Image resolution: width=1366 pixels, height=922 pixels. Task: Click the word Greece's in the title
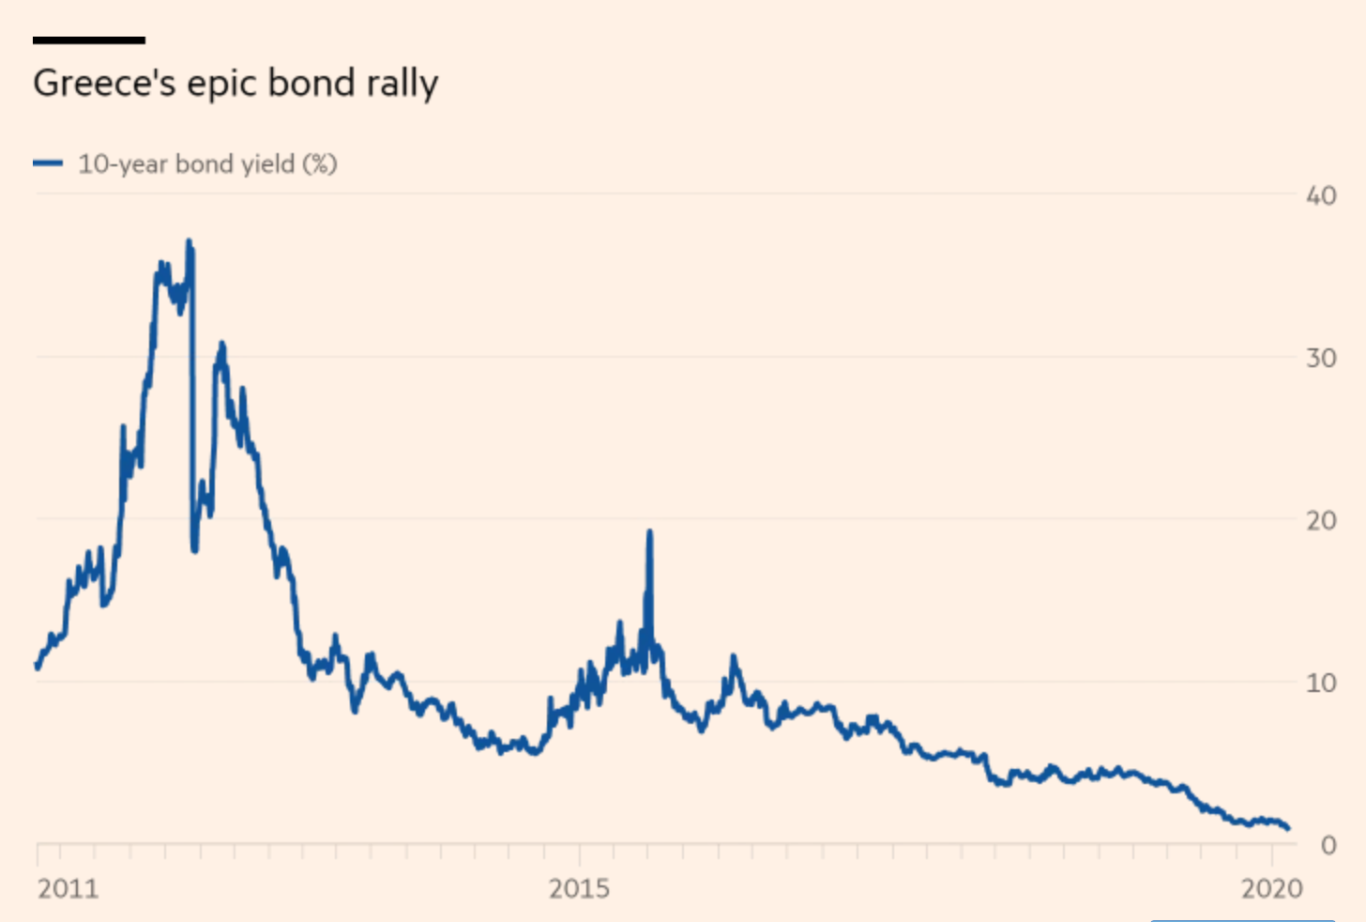point(104,84)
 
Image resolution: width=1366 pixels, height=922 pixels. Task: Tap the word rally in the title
point(402,84)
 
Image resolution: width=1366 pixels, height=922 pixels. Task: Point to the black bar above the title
point(88,40)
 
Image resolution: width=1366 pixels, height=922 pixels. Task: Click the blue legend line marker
point(47,163)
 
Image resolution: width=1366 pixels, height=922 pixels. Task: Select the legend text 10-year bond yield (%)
point(207,164)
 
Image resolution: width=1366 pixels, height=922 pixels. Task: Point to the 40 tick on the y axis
point(1321,195)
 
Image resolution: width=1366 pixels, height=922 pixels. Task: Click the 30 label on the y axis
point(1321,358)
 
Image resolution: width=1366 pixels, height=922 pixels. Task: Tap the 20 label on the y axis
point(1321,520)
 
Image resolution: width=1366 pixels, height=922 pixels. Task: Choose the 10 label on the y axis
point(1321,683)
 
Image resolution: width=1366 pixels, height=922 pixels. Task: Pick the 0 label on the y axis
point(1328,845)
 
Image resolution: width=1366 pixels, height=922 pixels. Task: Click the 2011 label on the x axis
point(68,888)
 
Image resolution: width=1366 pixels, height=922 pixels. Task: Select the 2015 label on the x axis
point(579,888)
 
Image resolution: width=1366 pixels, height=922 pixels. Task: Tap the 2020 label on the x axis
point(1272,888)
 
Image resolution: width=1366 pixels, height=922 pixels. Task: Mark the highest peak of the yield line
point(190,242)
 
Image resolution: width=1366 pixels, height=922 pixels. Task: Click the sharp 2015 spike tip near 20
point(649,532)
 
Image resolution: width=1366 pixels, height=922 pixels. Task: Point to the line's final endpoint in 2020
point(1287,828)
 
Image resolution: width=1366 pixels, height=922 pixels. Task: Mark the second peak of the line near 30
point(221,345)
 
